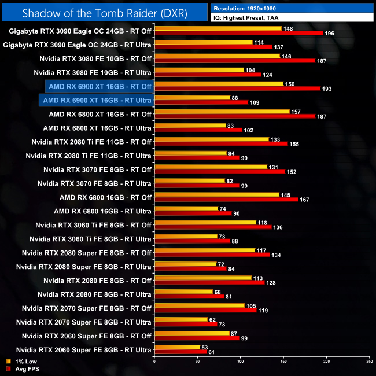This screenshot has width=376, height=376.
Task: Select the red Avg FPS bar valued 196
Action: coord(238,33)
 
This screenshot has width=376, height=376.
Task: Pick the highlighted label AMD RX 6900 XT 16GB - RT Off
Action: coord(100,86)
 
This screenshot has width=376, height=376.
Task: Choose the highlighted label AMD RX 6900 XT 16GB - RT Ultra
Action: coord(97,100)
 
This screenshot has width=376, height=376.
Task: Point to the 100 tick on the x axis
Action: coord(240,362)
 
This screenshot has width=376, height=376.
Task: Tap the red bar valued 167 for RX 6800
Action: coord(226,200)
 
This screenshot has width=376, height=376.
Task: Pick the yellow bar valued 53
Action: coord(177,347)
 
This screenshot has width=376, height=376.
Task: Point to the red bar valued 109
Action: coord(201,102)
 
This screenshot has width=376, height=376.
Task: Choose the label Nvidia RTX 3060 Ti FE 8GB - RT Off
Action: coord(93,225)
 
